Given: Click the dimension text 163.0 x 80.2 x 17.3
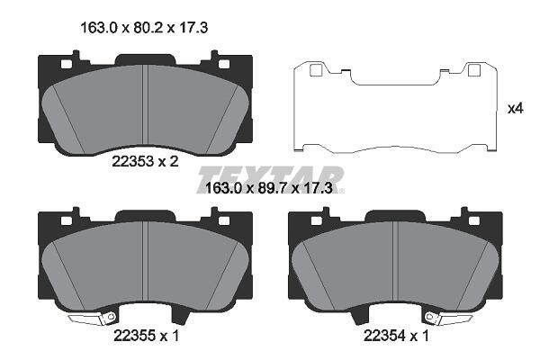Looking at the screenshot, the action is coord(144,28).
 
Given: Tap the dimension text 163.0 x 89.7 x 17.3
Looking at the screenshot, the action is coord(268,188).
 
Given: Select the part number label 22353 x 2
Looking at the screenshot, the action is coord(145,161).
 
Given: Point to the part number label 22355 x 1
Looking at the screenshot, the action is coord(147,335).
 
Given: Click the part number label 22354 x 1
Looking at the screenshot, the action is coord(396,336).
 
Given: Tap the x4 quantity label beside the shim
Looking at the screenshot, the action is coord(516,109).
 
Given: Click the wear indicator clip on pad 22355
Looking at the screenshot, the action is coord(93,319).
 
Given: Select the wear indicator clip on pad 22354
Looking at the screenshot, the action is coord(448,319).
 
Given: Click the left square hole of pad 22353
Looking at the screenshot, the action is coord(66,64).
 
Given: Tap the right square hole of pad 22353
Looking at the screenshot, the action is coord(224,64).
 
